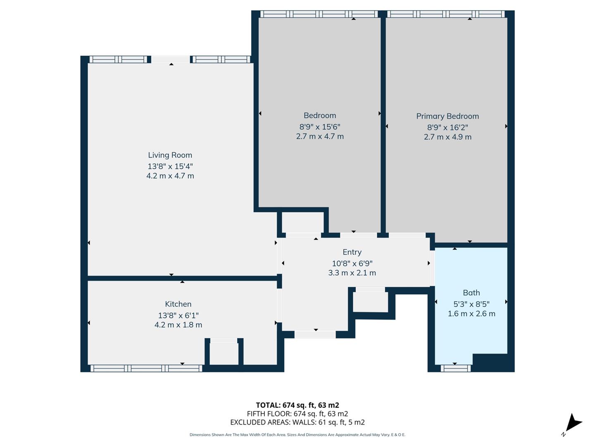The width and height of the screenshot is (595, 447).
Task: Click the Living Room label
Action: (170, 155)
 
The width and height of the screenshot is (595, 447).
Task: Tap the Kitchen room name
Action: (178, 304)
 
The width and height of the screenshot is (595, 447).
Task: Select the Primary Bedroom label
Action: (447, 116)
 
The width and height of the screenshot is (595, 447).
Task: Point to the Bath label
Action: (471, 293)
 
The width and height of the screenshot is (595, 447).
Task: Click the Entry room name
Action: (352, 252)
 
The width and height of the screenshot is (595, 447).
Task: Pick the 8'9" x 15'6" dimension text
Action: (319, 127)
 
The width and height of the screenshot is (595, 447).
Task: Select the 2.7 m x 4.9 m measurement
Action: (447, 137)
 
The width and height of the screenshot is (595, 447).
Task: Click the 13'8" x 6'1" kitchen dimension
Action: (178, 315)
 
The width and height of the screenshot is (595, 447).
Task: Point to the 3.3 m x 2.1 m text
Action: (352, 273)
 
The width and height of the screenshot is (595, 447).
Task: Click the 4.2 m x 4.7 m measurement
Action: (170, 176)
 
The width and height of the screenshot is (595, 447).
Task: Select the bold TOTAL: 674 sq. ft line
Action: (297, 405)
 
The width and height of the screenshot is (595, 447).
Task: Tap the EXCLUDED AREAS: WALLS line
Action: (297, 422)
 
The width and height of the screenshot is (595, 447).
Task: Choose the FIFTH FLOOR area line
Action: (297, 414)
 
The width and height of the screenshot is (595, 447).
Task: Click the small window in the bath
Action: (455, 368)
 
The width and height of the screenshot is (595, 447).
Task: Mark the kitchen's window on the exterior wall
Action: (146, 368)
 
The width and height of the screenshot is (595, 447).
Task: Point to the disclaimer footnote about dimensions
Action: (297, 435)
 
